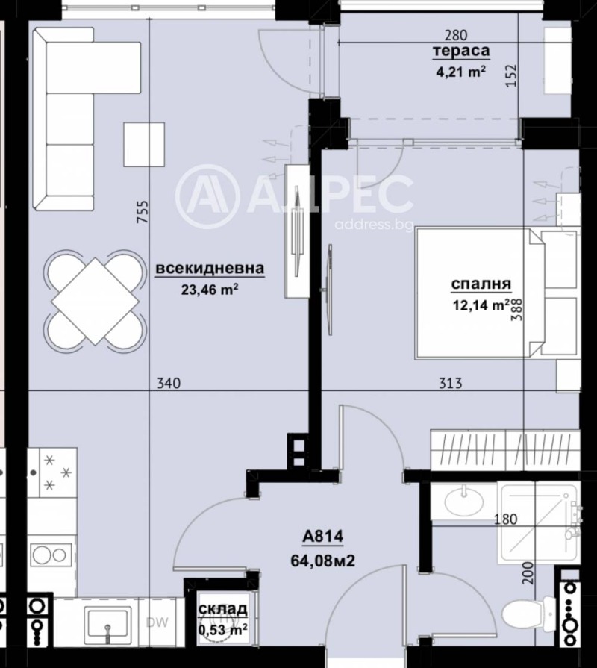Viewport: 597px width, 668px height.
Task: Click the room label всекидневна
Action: pos(210,269)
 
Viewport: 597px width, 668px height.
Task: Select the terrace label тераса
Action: pos(460,51)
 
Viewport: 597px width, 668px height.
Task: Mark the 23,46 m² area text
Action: pos(210,290)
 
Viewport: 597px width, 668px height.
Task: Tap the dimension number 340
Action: pos(169,384)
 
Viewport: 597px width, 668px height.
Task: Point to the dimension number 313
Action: pos(451,384)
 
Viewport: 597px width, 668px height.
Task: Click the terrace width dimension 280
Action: pos(454,34)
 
